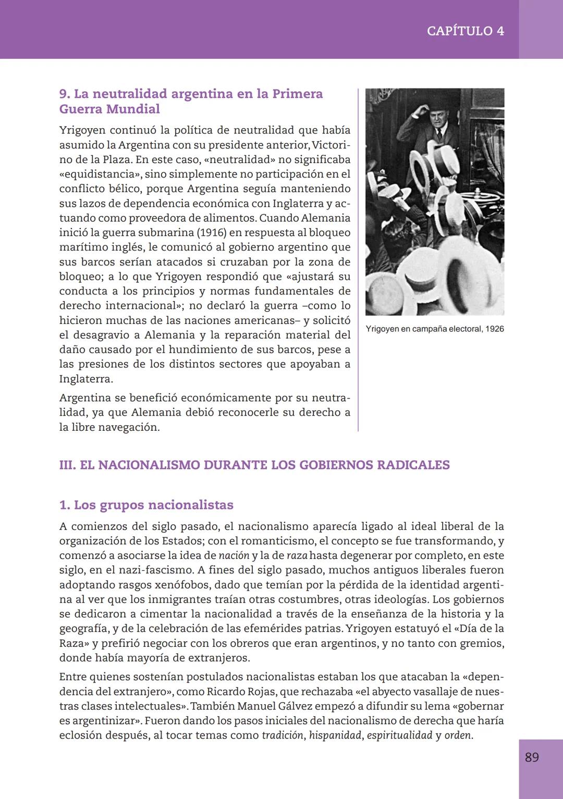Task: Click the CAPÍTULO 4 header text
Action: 465,31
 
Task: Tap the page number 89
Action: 532,757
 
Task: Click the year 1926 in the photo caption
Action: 494,329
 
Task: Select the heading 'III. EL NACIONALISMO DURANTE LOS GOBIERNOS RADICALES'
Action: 254,465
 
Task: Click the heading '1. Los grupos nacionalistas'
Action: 146,505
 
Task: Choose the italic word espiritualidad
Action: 399,735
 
